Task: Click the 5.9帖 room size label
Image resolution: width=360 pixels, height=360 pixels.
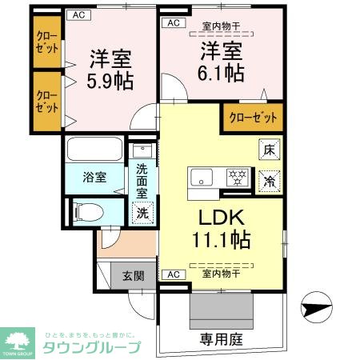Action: click(x=110, y=82)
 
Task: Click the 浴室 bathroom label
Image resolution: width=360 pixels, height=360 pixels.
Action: click(x=94, y=178)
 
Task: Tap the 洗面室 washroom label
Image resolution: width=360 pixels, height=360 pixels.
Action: click(x=142, y=181)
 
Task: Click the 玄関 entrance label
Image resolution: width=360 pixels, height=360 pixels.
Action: click(x=133, y=277)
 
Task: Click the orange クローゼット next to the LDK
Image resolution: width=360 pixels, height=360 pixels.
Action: click(x=253, y=118)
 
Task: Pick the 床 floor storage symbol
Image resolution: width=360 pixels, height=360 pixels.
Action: click(x=270, y=148)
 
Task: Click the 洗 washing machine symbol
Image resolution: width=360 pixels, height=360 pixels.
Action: click(x=142, y=213)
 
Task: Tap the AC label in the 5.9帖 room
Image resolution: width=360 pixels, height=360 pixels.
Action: click(x=78, y=14)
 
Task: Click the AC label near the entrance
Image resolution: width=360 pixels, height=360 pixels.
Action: click(x=170, y=274)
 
